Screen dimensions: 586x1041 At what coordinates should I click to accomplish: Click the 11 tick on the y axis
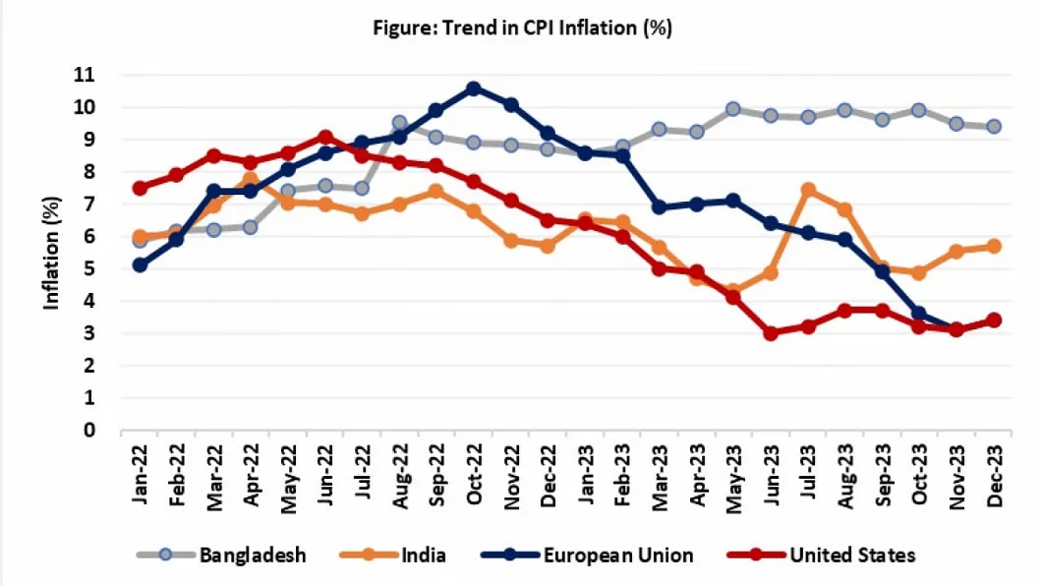[x=93, y=75]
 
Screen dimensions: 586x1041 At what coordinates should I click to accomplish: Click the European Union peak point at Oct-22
[x=474, y=88]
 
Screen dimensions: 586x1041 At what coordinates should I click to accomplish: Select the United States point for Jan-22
[x=140, y=188]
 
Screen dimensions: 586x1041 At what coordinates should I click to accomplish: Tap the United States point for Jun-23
[x=772, y=333]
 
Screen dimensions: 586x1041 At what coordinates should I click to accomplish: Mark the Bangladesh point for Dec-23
[x=994, y=126]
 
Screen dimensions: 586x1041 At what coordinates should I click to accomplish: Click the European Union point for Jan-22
[x=140, y=265]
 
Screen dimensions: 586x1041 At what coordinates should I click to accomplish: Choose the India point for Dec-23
[x=994, y=246]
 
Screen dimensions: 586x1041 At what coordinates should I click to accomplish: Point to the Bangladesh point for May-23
[x=733, y=108]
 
